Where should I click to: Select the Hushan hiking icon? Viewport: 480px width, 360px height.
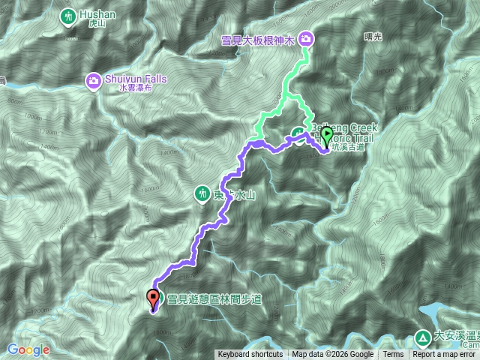(x=69, y=14)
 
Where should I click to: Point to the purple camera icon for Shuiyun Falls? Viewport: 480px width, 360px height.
(x=94, y=79)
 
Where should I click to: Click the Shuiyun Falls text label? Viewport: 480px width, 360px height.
(x=136, y=78)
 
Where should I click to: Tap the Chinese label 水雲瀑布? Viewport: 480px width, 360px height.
(x=136, y=88)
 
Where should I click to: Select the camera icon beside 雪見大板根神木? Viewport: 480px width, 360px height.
(x=307, y=39)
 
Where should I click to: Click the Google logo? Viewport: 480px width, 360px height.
(x=28, y=349)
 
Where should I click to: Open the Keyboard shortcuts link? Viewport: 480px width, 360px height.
(x=250, y=355)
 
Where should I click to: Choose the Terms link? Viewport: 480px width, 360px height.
(x=393, y=355)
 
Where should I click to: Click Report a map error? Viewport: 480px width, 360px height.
(x=445, y=355)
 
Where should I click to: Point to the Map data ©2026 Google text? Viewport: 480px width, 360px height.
(x=332, y=355)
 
